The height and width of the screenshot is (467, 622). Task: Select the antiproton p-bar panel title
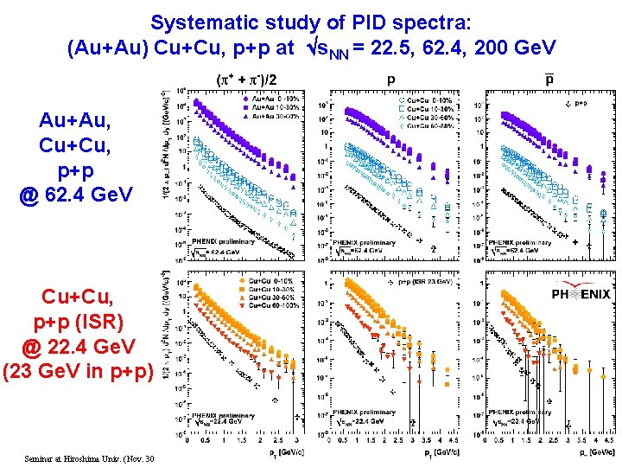(x=550, y=80)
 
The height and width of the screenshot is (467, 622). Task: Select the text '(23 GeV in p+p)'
(x=78, y=373)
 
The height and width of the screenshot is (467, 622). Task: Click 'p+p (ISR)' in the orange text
(x=78, y=322)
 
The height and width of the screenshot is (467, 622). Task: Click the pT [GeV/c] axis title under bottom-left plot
(x=277, y=452)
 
